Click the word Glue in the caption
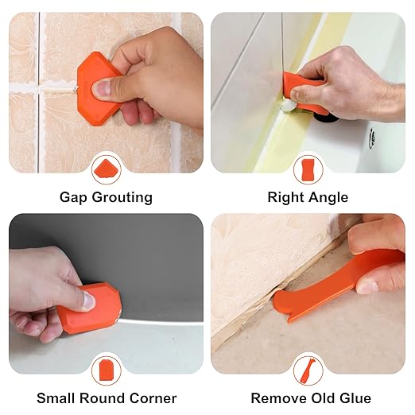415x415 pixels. [355, 398]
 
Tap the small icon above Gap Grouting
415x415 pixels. [106, 169]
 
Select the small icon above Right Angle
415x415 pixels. [308, 169]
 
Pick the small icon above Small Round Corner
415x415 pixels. [106, 368]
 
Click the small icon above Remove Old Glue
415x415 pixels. [308, 369]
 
